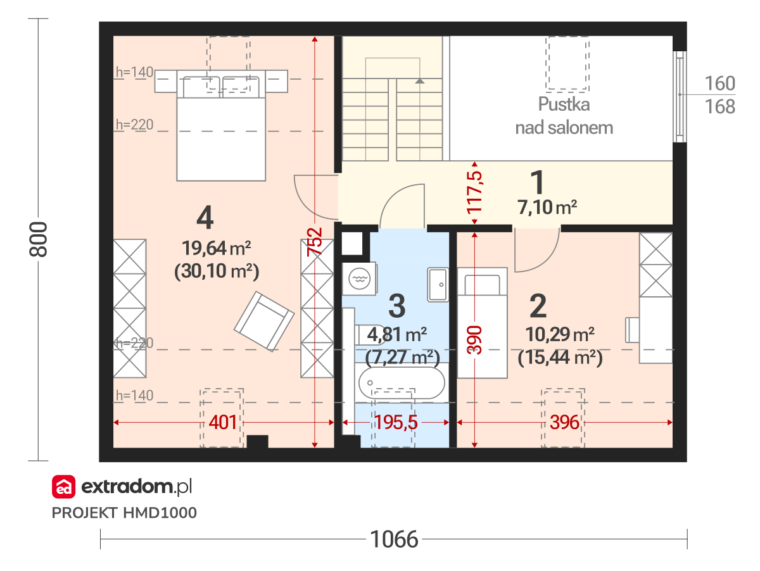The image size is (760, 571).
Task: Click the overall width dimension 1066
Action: point(394,539)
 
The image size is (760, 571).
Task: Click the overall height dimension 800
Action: point(38,239)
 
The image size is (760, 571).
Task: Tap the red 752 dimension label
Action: point(314,242)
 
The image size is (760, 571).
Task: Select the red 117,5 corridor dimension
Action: point(474,192)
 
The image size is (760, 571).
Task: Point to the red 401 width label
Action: point(223,422)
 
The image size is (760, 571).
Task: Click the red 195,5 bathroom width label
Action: point(396,422)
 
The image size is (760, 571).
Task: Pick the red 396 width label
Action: point(564,422)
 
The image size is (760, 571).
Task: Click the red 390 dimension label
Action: point(474,340)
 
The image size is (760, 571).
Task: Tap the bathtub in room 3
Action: point(402,383)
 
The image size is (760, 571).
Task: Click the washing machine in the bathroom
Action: point(359,279)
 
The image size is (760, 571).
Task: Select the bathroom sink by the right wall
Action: point(438,284)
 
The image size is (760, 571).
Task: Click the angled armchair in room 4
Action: point(264,322)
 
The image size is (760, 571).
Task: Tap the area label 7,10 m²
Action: point(547,207)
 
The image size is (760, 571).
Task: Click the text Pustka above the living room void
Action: point(564,104)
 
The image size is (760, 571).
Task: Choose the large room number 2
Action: point(538,306)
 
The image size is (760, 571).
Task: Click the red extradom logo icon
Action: point(63,487)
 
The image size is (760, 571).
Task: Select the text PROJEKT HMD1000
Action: point(124,513)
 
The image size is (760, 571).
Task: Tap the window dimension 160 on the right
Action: point(720,84)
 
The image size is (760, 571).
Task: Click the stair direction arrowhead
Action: point(420,81)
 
